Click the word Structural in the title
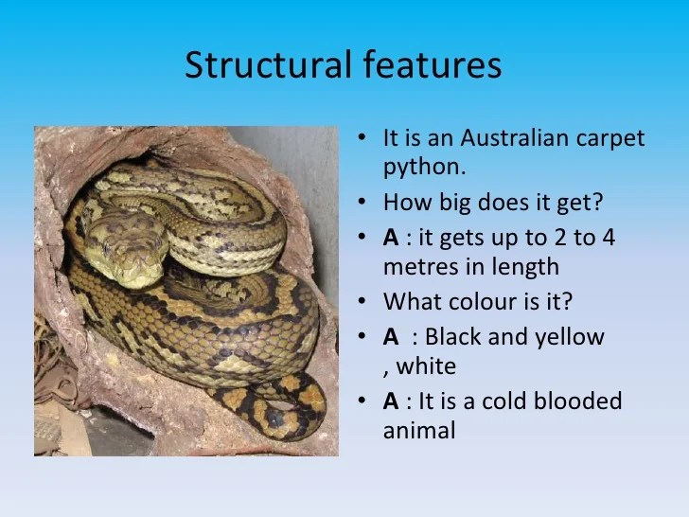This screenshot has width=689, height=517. pyautogui.click(x=269, y=64)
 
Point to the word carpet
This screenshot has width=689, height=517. pyautogui.click(x=611, y=139)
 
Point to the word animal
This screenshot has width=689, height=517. pyautogui.click(x=418, y=431)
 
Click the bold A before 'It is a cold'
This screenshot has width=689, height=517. pyautogui.click(x=391, y=401)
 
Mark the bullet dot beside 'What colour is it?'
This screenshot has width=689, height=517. pyautogui.click(x=362, y=302)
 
